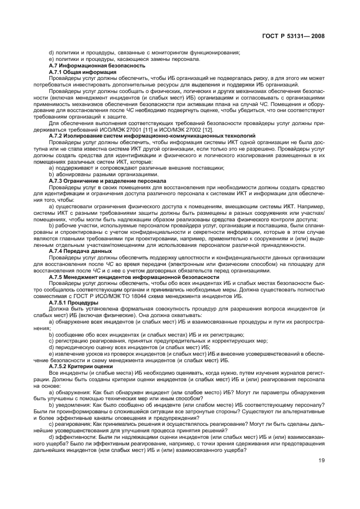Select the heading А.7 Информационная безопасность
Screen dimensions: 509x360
90,66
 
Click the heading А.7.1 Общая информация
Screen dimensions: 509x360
82,72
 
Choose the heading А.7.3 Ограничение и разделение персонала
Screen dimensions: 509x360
109,181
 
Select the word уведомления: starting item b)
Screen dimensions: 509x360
71,405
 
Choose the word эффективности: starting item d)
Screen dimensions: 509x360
75,437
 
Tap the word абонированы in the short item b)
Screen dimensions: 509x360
71,175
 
